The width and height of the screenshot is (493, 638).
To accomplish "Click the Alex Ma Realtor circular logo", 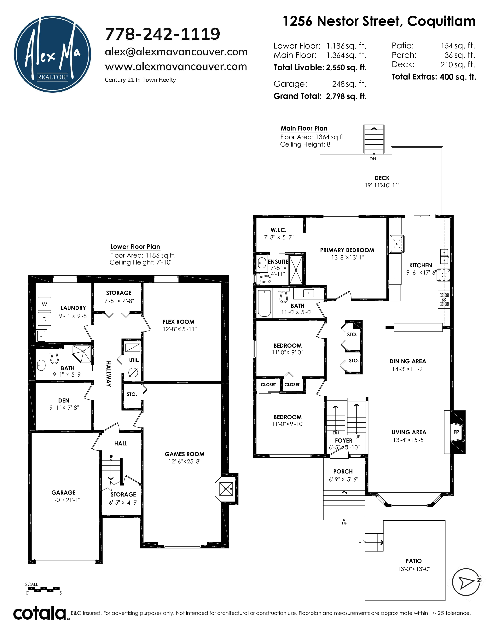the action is pos(53,54).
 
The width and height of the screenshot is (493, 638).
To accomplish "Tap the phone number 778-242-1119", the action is pos(162,34).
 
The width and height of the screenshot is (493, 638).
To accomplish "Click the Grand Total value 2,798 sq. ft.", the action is pos(346,96).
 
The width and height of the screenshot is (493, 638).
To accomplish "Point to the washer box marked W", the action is pos(44,304).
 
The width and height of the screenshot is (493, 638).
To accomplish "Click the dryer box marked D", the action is pos(44,319).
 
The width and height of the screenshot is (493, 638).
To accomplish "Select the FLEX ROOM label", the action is pos(178,322).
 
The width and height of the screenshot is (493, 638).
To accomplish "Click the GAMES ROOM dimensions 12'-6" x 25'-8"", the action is pos(185,461).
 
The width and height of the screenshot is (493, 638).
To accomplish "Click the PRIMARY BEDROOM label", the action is pos(347,250).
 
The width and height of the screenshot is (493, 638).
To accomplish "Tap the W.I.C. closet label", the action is pos(278,230).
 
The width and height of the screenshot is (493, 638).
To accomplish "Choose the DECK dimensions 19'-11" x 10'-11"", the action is pos(382,185).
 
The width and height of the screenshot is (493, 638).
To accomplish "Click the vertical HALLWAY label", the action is pos(108,374).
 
